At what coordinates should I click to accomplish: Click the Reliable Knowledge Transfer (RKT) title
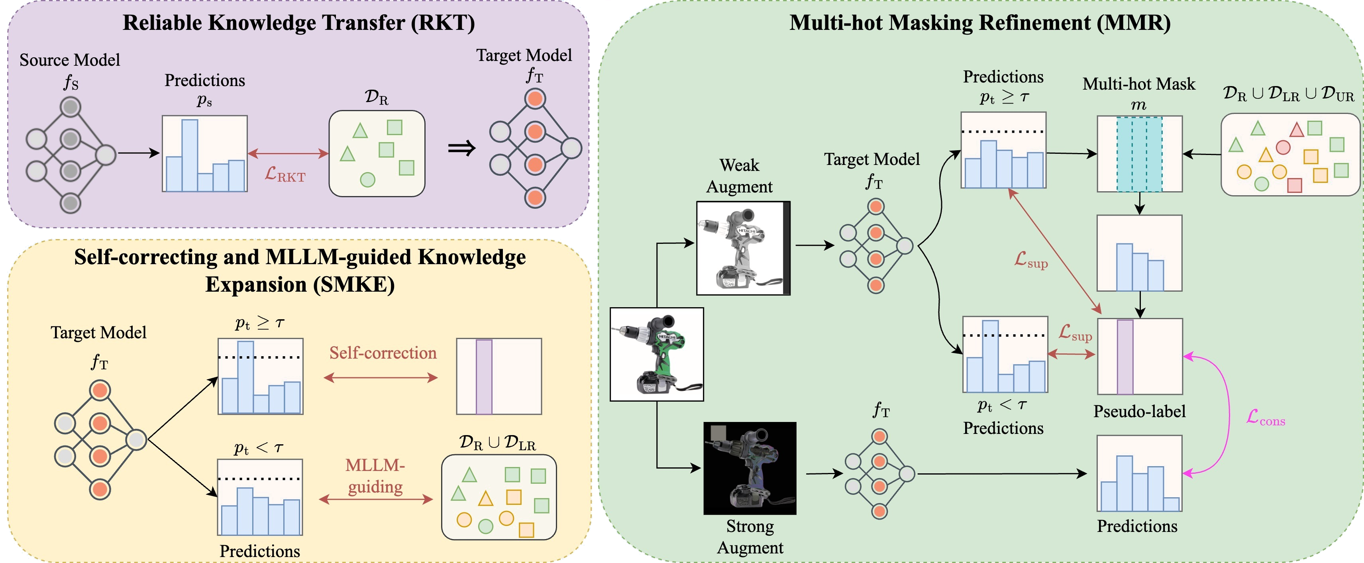tap(298, 23)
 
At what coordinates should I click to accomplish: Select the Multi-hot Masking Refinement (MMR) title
tap(979, 23)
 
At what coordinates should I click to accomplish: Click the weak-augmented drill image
tap(743, 248)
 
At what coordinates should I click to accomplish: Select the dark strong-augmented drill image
tap(749, 468)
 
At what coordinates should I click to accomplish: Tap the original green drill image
tap(657, 354)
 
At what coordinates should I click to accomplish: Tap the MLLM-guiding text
tap(375, 476)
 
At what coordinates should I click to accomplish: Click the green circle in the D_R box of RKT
tap(367, 180)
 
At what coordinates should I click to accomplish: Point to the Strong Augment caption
tap(750, 537)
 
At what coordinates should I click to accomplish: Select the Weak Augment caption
tap(739, 176)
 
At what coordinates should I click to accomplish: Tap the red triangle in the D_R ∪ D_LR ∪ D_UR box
tap(1296, 130)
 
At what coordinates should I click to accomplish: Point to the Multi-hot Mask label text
tap(1139, 84)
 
